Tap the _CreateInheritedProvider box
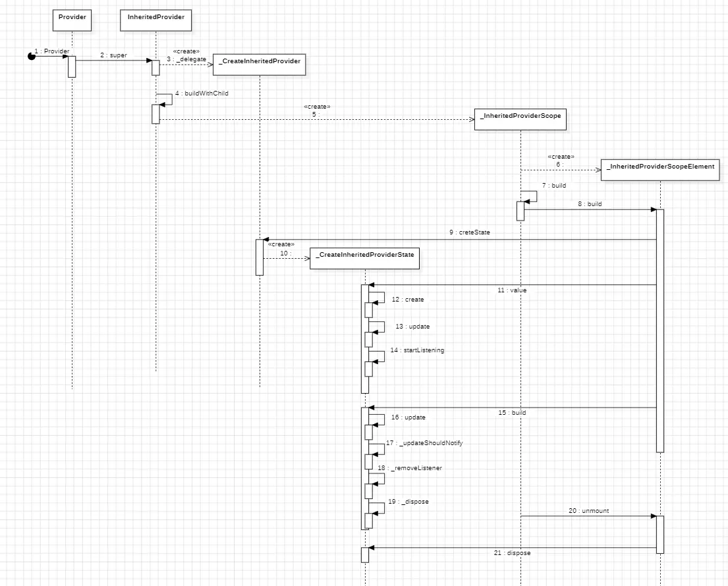click(260, 62)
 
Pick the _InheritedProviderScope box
click(520, 116)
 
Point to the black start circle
click(31, 56)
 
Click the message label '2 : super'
click(113, 55)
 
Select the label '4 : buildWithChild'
click(202, 93)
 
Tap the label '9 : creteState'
click(470, 232)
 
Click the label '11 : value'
click(512, 290)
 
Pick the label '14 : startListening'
click(417, 350)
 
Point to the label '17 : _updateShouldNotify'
click(424, 443)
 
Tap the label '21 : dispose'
click(512, 553)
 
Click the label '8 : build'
click(590, 204)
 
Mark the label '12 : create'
click(407, 300)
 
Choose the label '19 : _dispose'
click(408, 502)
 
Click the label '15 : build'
click(512, 413)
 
